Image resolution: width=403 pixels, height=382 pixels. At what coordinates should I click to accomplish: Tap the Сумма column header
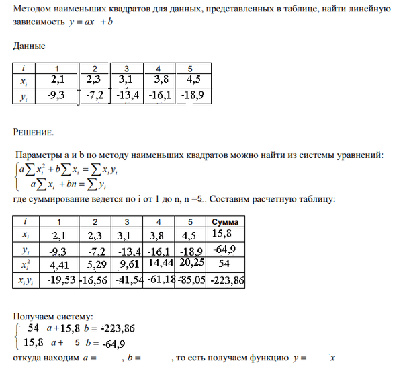pyautogui.click(x=225, y=222)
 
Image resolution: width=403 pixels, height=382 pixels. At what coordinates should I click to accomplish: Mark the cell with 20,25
pyautogui.click(x=193, y=263)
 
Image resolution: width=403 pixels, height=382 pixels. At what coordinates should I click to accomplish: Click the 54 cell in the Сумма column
pyautogui.click(x=225, y=263)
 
